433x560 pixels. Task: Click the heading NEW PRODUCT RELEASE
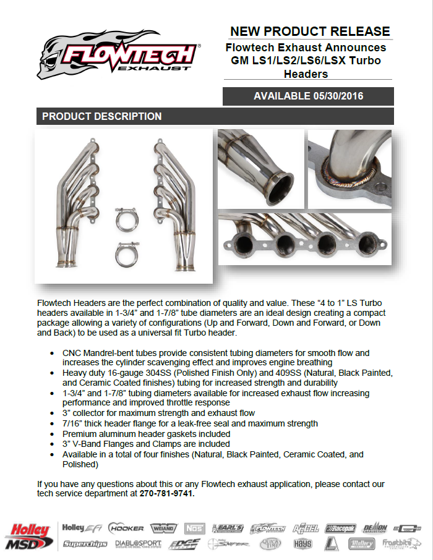pos(310,32)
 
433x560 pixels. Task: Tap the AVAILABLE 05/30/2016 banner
pos(308,96)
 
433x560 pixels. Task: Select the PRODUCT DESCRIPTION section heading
pos(102,116)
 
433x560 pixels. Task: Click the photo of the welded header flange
pos(350,168)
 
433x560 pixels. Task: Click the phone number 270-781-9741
pos(167,493)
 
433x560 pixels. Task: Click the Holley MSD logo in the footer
pos(28,535)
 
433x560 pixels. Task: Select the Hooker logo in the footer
pos(126,528)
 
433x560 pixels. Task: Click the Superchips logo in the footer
pos(85,544)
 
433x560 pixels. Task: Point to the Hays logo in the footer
pos(302,544)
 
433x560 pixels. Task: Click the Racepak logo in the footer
pos(341,528)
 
